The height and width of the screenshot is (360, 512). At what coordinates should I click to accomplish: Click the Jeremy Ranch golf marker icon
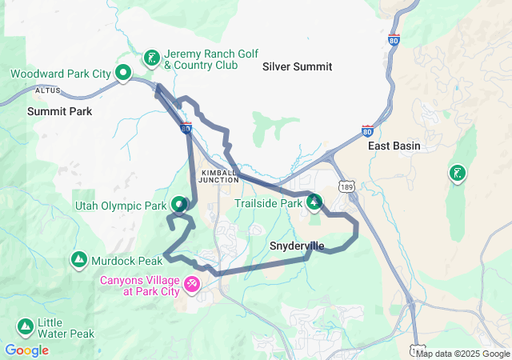click(x=151, y=58)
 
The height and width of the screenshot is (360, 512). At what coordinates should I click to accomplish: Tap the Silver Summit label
click(x=297, y=67)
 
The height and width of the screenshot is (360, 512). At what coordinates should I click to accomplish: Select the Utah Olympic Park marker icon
click(x=180, y=206)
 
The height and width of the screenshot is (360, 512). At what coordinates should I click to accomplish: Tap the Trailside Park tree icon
click(x=314, y=203)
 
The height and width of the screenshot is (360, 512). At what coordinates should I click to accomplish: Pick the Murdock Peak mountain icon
click(x=79, y=260)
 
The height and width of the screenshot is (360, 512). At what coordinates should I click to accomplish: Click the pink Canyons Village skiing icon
click(x=191, y=283)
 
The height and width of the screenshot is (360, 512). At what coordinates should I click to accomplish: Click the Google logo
click(x=26, y=350)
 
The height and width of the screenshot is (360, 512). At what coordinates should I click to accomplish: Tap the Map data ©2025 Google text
click(x=462, y=354)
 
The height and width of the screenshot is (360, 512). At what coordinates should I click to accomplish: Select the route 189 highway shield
click(x=346, y=186)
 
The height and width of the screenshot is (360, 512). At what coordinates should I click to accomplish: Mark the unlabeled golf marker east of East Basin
click(x=457, y=173)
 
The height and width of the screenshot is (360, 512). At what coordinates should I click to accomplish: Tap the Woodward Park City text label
click(x=61, y=74)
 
